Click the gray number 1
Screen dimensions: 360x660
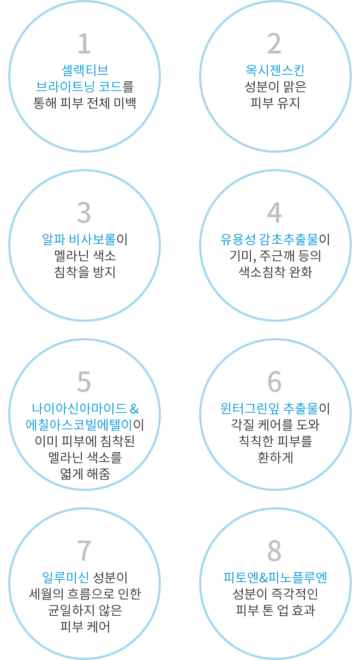coord(84,43)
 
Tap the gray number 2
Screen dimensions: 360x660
coord(274,43)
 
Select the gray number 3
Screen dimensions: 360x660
coord(84,212)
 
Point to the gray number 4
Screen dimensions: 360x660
coord(274,212)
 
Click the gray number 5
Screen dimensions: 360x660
coord(84,382)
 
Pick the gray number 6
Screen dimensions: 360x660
coord(274,382)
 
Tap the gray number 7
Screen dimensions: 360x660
coord(84,550)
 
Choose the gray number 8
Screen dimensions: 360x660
coord(274,550)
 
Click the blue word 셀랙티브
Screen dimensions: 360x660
coord(85,70)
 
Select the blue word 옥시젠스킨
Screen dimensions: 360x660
coord(275,70)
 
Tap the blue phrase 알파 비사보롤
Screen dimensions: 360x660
coord(79,239)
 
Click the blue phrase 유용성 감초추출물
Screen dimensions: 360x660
coord(269,239)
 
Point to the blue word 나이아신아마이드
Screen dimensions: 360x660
coord(79,409)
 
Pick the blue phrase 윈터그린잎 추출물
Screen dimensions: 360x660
coord(269,409)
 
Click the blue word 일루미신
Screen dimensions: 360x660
coord(65,578)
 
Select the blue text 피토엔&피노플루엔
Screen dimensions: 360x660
coord(275,578)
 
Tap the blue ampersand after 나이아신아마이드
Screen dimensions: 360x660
coord(134,409)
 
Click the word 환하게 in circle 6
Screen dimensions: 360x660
coord(275,458)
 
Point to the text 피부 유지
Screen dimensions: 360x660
coord(275,103)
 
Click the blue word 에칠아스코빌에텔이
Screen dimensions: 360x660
coord(79,425)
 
